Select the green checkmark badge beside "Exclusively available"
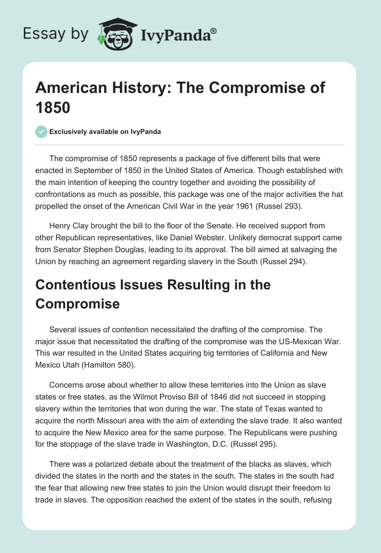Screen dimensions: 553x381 click(41, 132)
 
